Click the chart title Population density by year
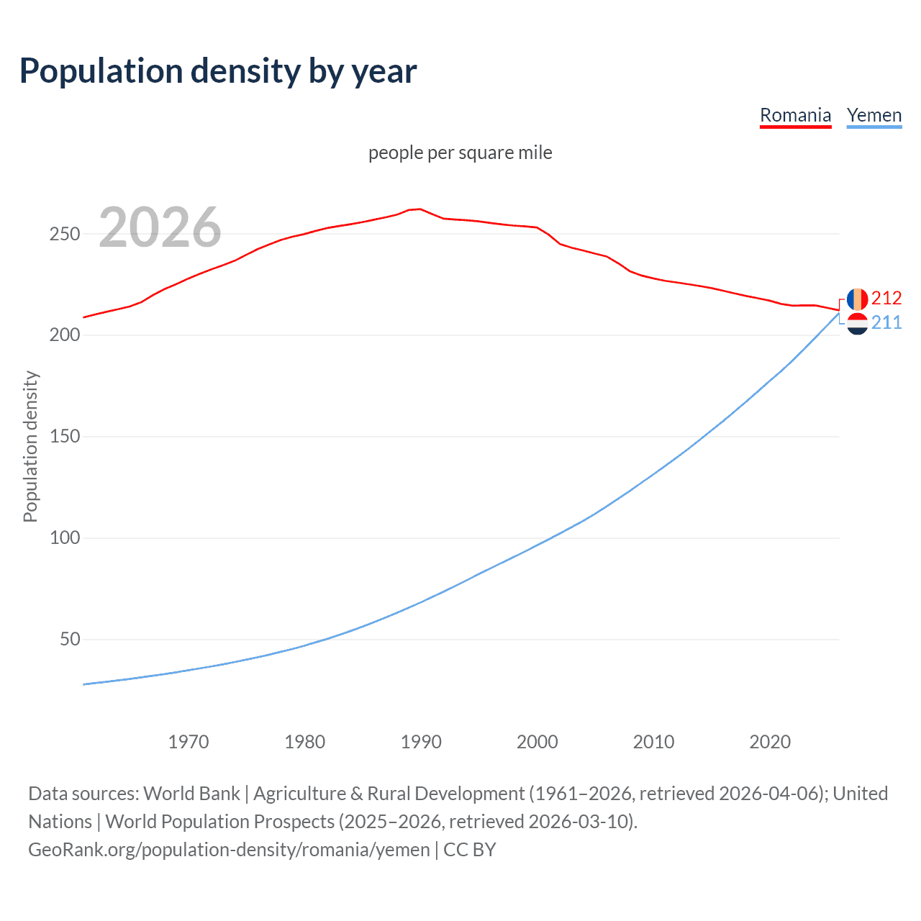[x=218, y=71]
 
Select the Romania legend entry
[x=795, y=115]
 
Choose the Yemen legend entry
[x=874, y=115]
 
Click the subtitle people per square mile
[x=460, y=153]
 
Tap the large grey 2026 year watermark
[x=160, y=227]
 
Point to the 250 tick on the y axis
[x=65, y=235]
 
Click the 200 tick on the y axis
[x=65, y=335]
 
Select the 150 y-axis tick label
[x=65, y=437]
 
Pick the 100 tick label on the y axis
[x=65, y=538]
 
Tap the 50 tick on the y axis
[x=70, y=640]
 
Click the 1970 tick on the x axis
[x=189, y=742]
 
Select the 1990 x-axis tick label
[x=421, y=742]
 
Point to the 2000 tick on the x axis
[x=537, y=742]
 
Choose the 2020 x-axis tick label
[x=770, y=742]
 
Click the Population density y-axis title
[x=30, y=446]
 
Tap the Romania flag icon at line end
[x=857, y=299]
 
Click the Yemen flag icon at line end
[x=857, y=324]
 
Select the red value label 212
[x=886, y=298]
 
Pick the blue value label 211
[x=886, y=322]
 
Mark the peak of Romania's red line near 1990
[x=419, y=209]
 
